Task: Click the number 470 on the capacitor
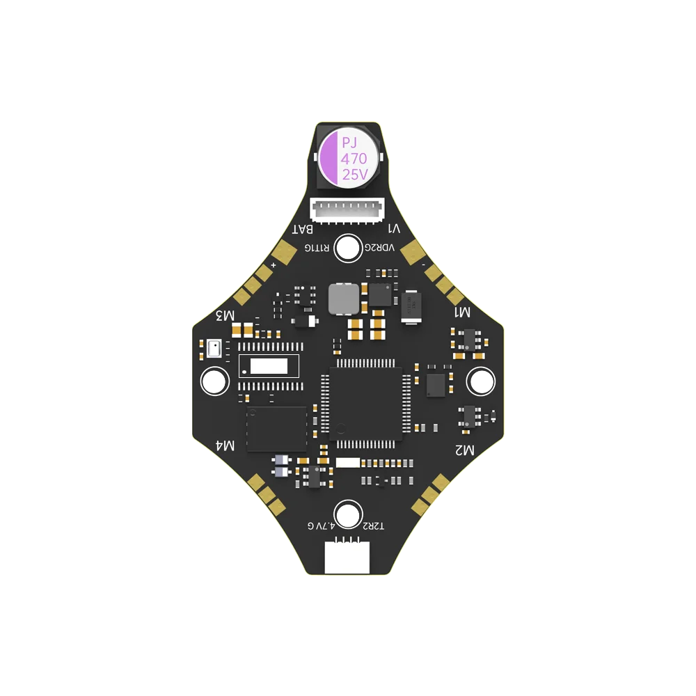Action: coord(354,159)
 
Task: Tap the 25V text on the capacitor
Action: coord(354,175)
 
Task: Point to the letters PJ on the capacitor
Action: coord(347,143)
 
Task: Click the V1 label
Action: coord(394,228)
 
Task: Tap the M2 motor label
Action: coord(464,450)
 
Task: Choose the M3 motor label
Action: coord(225,315)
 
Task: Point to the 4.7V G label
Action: coord(321,525)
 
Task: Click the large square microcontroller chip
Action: coord(365,403)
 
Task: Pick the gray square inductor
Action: coord(343,299)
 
